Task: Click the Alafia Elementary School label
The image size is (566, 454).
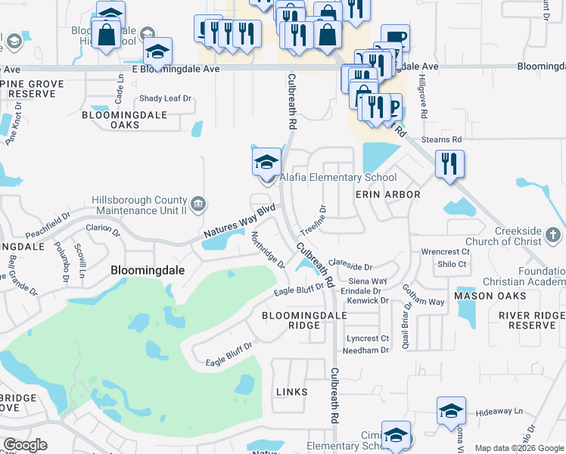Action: (x=338, y=178)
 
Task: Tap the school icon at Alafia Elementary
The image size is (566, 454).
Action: (x=266, y=162)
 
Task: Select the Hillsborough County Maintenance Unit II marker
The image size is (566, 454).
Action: (x=197, y=203)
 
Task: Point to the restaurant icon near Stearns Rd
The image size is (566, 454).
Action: (x=449, y=163)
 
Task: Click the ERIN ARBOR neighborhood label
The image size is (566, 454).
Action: (x=387, y=194)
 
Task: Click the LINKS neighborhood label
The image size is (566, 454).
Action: (x=292, y=391)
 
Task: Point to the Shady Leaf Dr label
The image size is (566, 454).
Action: (x=165, y=99)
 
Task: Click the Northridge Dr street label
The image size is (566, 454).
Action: (x=268, y=250)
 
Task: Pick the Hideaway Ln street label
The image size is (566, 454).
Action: (x=500, y=412)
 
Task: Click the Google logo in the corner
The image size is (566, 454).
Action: (x=25, y=444)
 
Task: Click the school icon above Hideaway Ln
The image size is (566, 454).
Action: (x=451, y=411)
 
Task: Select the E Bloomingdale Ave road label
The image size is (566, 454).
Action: (x=176, y=69)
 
